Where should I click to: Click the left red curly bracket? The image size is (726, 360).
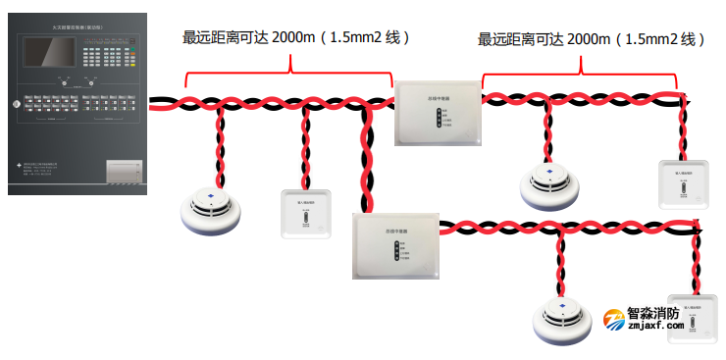pos(288,67)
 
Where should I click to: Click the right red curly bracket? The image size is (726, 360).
pos(581,67)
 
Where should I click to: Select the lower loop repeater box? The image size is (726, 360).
pos(395,245)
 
